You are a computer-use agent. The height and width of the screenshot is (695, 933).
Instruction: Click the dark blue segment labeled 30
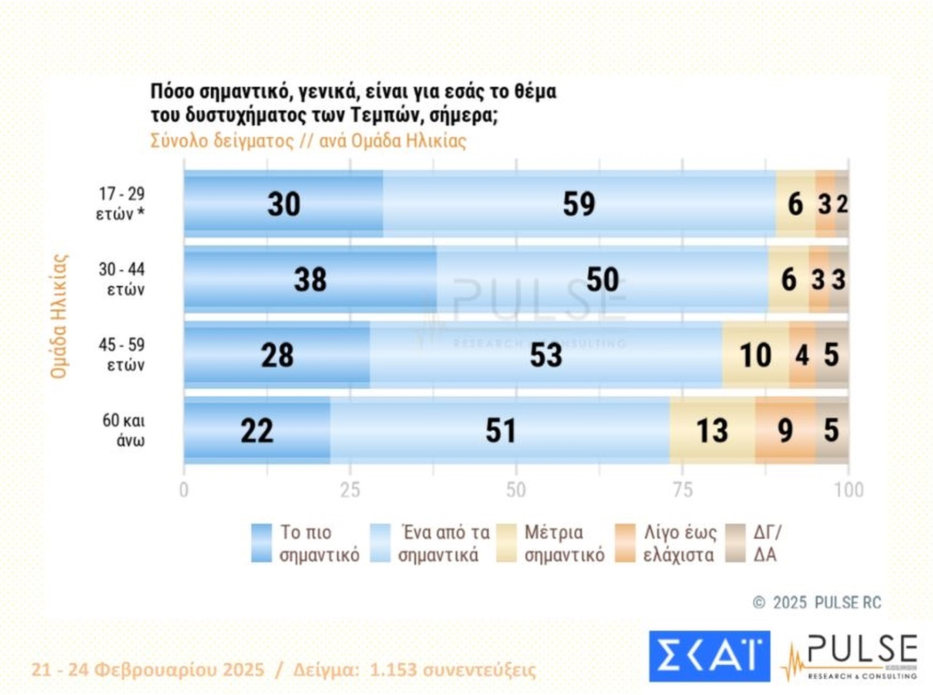[283, 204]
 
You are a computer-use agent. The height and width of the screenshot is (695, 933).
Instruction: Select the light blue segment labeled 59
[579, 204]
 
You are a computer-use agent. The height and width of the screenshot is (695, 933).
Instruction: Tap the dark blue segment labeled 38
[310, 280]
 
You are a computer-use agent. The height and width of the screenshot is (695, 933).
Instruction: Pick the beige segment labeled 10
[755, 355]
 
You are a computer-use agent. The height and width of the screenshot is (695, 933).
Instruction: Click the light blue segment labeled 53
[546, 355]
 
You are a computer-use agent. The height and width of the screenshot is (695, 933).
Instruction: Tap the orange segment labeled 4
[802, 355]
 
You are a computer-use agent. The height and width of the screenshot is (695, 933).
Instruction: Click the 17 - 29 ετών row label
[121, 204]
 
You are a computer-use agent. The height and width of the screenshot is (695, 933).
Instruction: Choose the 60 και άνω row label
[124, 430]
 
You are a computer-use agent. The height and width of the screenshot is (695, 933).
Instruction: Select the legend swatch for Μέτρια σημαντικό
[506, 543]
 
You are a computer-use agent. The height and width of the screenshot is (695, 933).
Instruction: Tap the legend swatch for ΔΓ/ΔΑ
[736, 543]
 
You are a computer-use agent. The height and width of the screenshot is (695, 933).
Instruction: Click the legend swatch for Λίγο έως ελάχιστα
[625, 543]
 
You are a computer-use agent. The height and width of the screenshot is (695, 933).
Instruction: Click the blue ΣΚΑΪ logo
[709, 656]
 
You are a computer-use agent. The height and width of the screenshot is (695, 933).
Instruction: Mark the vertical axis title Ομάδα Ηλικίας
[59, 316]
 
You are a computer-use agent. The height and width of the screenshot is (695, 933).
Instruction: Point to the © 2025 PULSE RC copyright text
[817, 603]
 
